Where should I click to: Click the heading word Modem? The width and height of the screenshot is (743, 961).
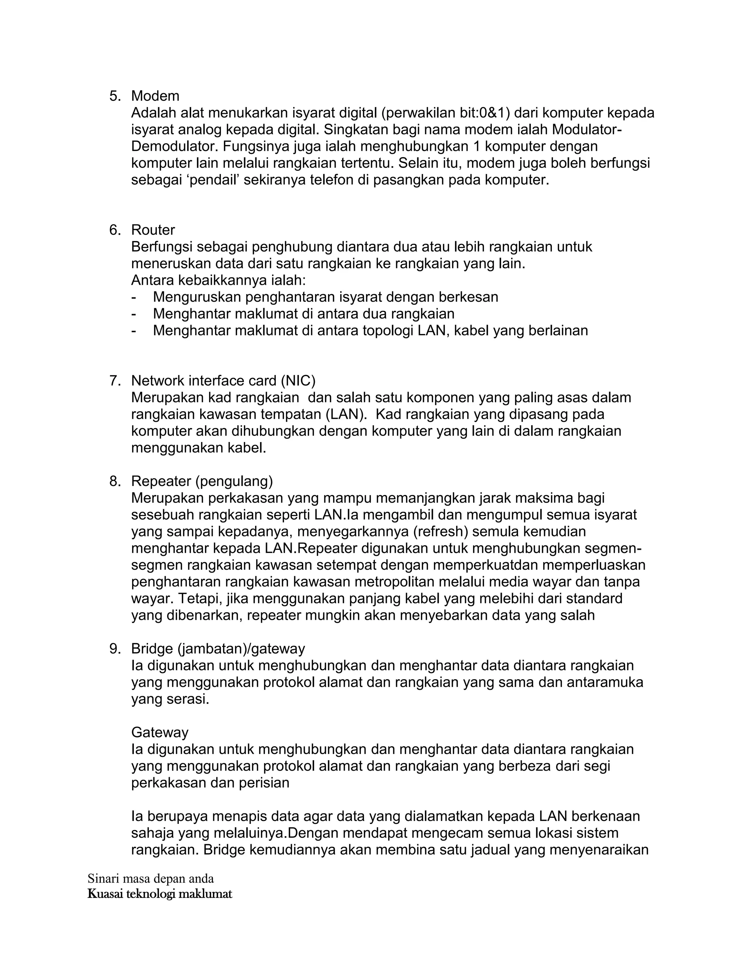(155, 96)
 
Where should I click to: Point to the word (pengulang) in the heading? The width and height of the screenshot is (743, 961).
(234, 481)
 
